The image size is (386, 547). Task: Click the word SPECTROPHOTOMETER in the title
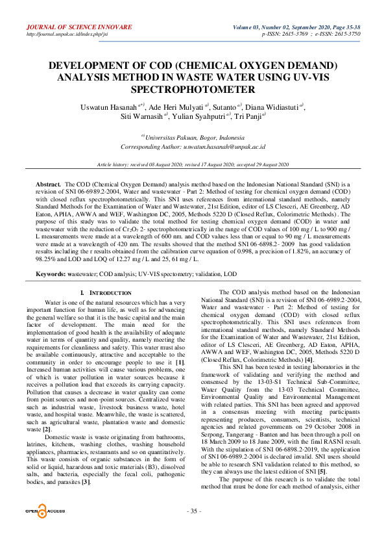coord(193,89)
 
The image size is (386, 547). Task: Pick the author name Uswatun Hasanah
coord(103,107)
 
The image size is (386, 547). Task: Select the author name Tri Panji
coord(247,118)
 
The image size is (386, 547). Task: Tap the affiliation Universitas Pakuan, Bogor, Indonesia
coord(194,138)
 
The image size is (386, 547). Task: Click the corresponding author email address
coord(230,147)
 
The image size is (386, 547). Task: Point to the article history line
coord(193,166)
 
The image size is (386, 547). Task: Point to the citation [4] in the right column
coord(309,359)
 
